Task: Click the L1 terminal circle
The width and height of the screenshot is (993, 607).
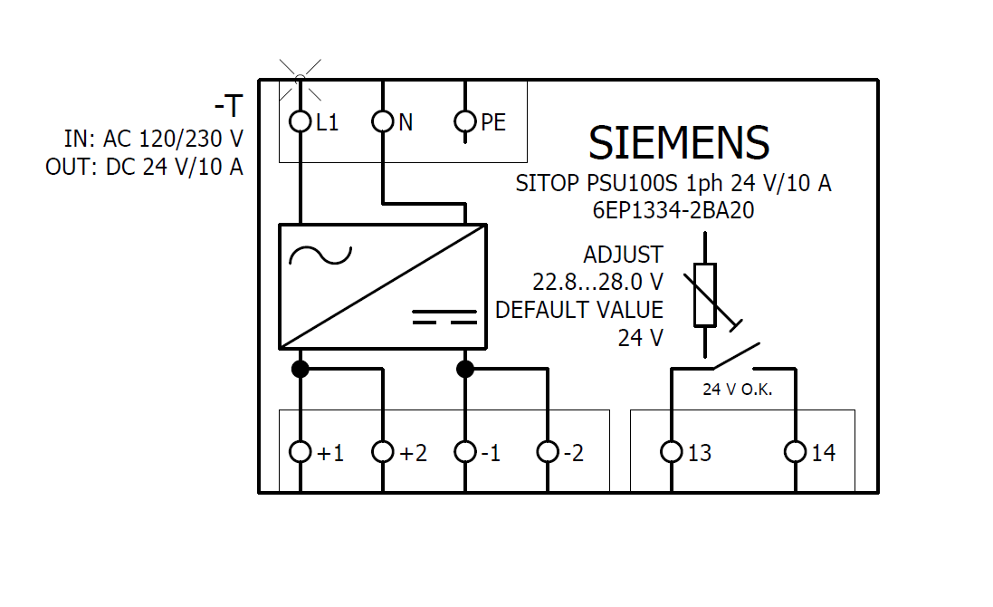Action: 301,120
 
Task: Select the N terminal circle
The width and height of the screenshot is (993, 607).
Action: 383,120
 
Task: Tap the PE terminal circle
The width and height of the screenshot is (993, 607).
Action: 465,120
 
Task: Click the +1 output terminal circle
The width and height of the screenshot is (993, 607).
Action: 301,451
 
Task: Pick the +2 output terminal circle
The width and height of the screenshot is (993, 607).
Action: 383,451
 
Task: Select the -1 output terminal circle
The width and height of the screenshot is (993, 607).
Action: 465,451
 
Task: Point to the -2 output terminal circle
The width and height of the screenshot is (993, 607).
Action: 547,451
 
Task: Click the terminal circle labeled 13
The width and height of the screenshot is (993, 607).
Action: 671,451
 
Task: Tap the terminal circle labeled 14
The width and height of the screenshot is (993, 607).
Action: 795,451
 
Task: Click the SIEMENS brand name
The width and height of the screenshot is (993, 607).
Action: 679,143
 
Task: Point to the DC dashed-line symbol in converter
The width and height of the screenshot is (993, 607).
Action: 444,316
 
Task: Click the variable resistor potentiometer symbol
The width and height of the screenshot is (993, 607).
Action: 705,294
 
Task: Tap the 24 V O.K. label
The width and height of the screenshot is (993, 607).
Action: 737,390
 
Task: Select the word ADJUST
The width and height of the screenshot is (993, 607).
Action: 623,255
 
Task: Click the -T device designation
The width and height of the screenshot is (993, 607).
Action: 228,107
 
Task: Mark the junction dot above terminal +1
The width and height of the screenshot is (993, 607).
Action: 301,369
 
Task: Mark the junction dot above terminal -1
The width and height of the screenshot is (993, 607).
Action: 465,369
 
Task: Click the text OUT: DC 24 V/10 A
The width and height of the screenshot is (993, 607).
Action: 144,168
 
